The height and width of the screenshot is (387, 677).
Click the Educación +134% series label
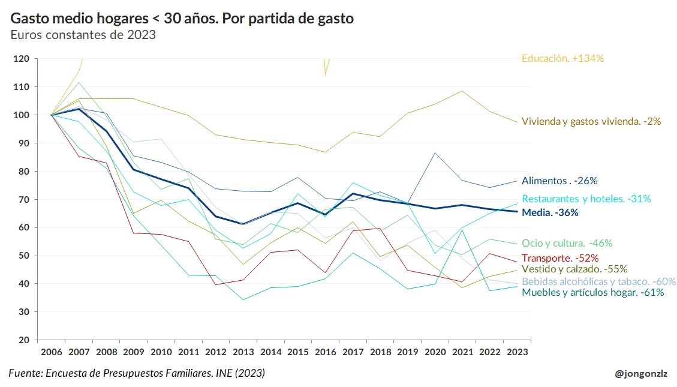coord(562,59)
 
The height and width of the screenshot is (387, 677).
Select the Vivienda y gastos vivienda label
coord(591,121)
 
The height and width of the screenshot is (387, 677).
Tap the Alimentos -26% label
coord(559,181)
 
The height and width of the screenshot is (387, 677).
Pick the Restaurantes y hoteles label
coord(586,199)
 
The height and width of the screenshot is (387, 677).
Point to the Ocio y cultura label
coord(567,244)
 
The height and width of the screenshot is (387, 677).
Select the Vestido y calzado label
coord(574,269)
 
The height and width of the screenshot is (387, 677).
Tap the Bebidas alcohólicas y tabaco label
coord(598,281)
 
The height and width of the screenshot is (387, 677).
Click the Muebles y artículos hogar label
coord(592,293)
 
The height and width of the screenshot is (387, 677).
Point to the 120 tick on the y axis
coord(22,59)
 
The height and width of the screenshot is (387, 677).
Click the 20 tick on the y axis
coord(24,340)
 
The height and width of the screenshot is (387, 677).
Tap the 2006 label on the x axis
coord(51,351)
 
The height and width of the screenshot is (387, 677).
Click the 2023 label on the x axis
coord(516,351)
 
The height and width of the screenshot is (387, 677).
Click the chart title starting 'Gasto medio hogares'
coord(182,19)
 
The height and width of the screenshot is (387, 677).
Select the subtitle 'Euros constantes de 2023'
coord(83,35)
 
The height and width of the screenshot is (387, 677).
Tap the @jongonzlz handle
coord(640,374)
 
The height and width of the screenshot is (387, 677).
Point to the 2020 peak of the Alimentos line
coord(434,153)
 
